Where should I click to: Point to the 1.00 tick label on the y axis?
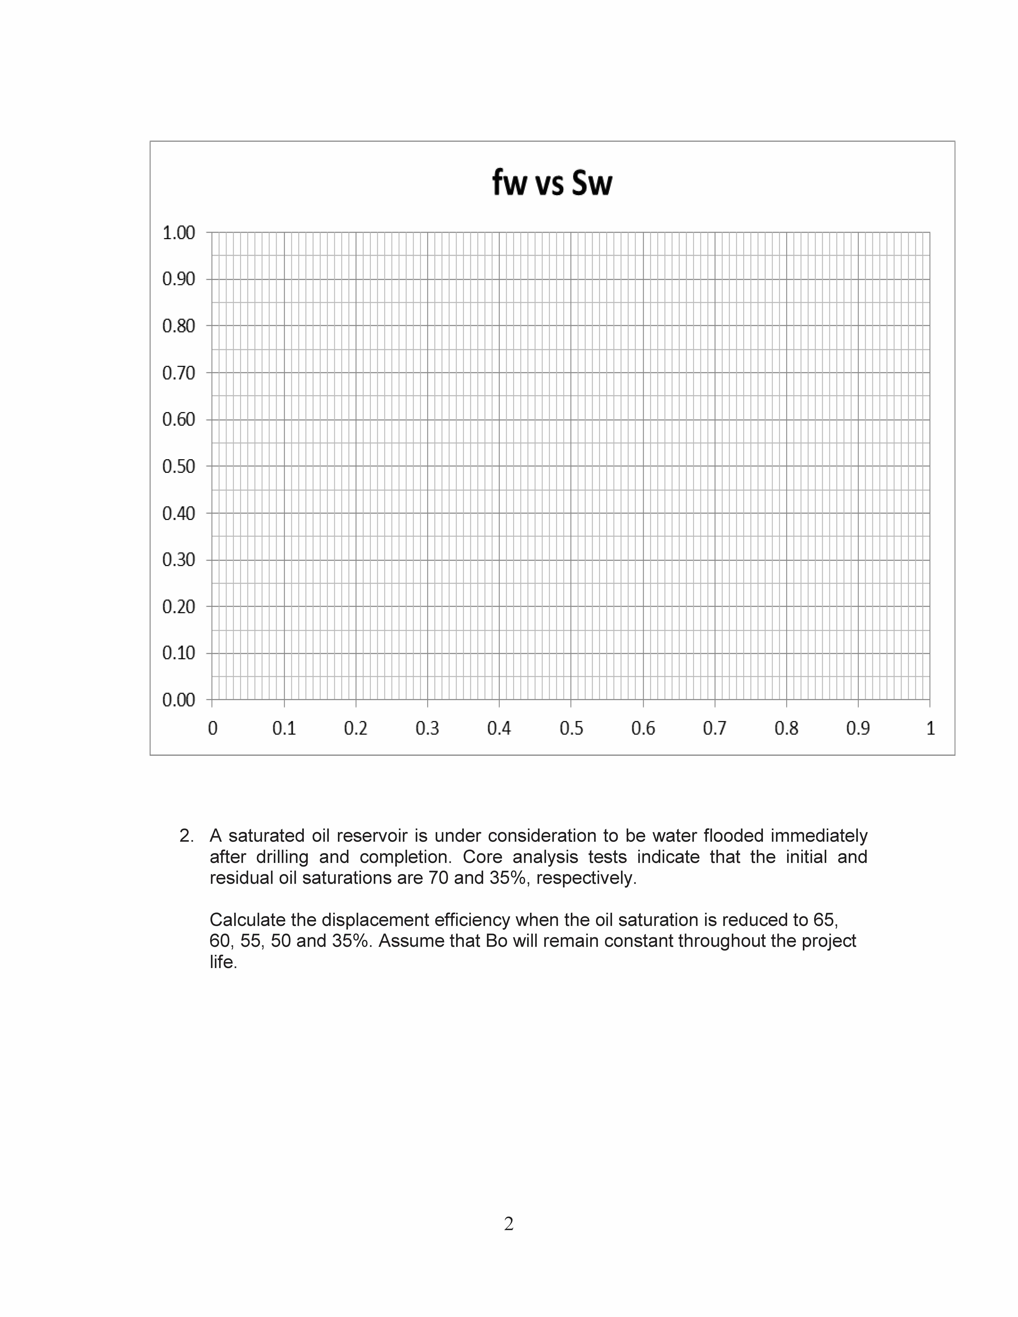point(179,233)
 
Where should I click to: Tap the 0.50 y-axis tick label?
point(179,466)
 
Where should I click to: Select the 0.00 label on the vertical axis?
point(179,700)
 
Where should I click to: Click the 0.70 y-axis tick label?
point(179,373)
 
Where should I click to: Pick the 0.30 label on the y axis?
point(179,560)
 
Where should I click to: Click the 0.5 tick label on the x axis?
point(571,728)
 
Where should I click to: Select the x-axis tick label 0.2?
point(356,728)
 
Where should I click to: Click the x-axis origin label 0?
point(212,728)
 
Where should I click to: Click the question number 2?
point(186,836)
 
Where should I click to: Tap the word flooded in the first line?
point(733,836)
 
